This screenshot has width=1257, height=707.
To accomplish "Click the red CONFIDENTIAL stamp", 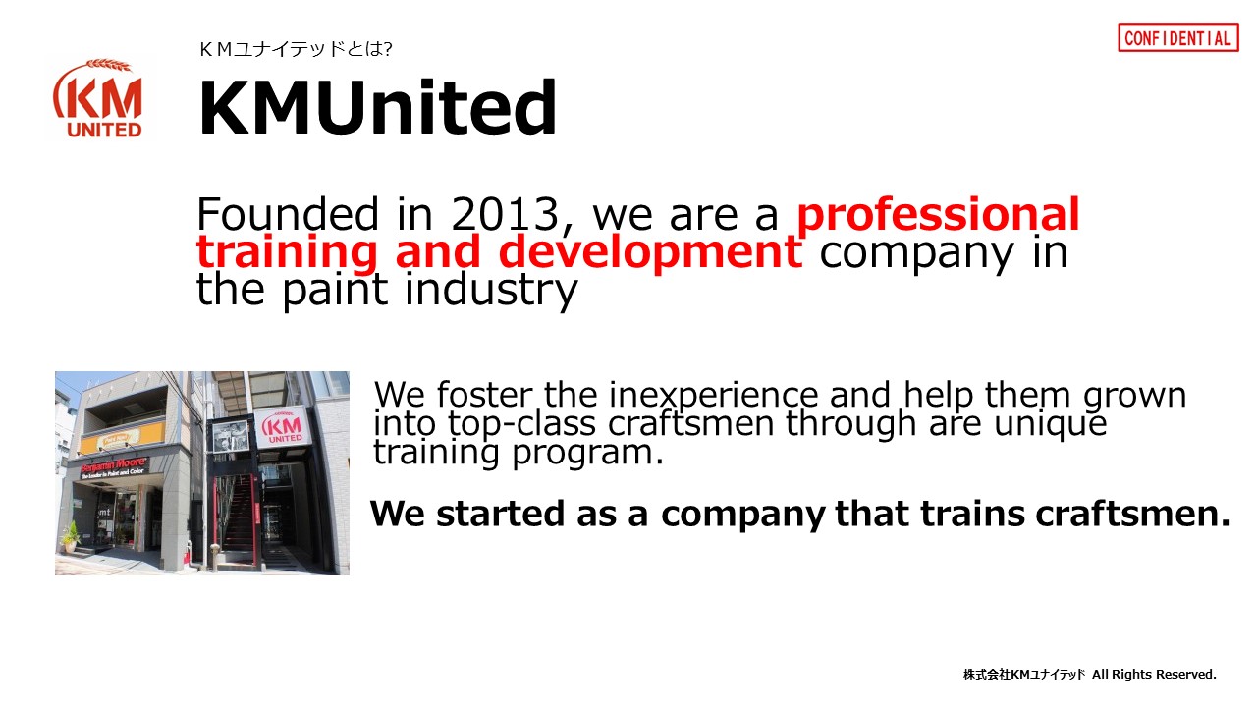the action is click(x=1177, y=37).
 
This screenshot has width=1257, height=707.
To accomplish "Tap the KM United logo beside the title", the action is click(x=97, y=98).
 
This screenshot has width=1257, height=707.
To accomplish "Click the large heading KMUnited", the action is click(x=377, y=107).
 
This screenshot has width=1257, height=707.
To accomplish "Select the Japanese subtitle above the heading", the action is click(x=296, y=49).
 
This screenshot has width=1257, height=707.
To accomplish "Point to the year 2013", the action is click(x=505, y=214).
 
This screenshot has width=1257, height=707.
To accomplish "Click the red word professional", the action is click(x=938, y=215).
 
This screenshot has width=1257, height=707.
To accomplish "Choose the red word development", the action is click(x=650, y=252).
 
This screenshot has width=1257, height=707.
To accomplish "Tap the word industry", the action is click(x=491, y=291).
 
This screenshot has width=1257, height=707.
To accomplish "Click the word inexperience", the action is click(x=714, y=395).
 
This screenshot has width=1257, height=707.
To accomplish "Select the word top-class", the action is click(x=521, y=423).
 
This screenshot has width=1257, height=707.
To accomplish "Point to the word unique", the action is click(x=1051, y=423).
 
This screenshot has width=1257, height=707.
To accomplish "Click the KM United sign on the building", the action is click(x=284, y=427).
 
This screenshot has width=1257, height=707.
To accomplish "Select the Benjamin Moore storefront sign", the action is click(x=115, y=467).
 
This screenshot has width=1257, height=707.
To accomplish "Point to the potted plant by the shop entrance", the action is click(x=70, y=537).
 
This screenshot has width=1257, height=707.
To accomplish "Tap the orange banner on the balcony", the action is click(x=123, y=437).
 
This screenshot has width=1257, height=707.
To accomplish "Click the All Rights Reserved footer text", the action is click(x=1154, y=674).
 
